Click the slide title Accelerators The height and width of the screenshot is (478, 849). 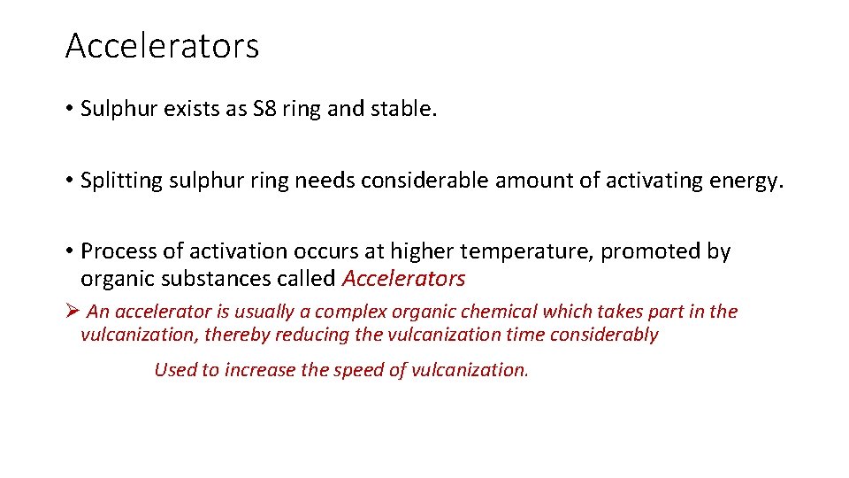(x=162, y=46)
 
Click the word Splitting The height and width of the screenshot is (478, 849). (x=115, y=181)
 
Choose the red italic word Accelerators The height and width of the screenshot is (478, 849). (x=403, y=279)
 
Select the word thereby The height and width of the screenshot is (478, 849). (x=240, y=335)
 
